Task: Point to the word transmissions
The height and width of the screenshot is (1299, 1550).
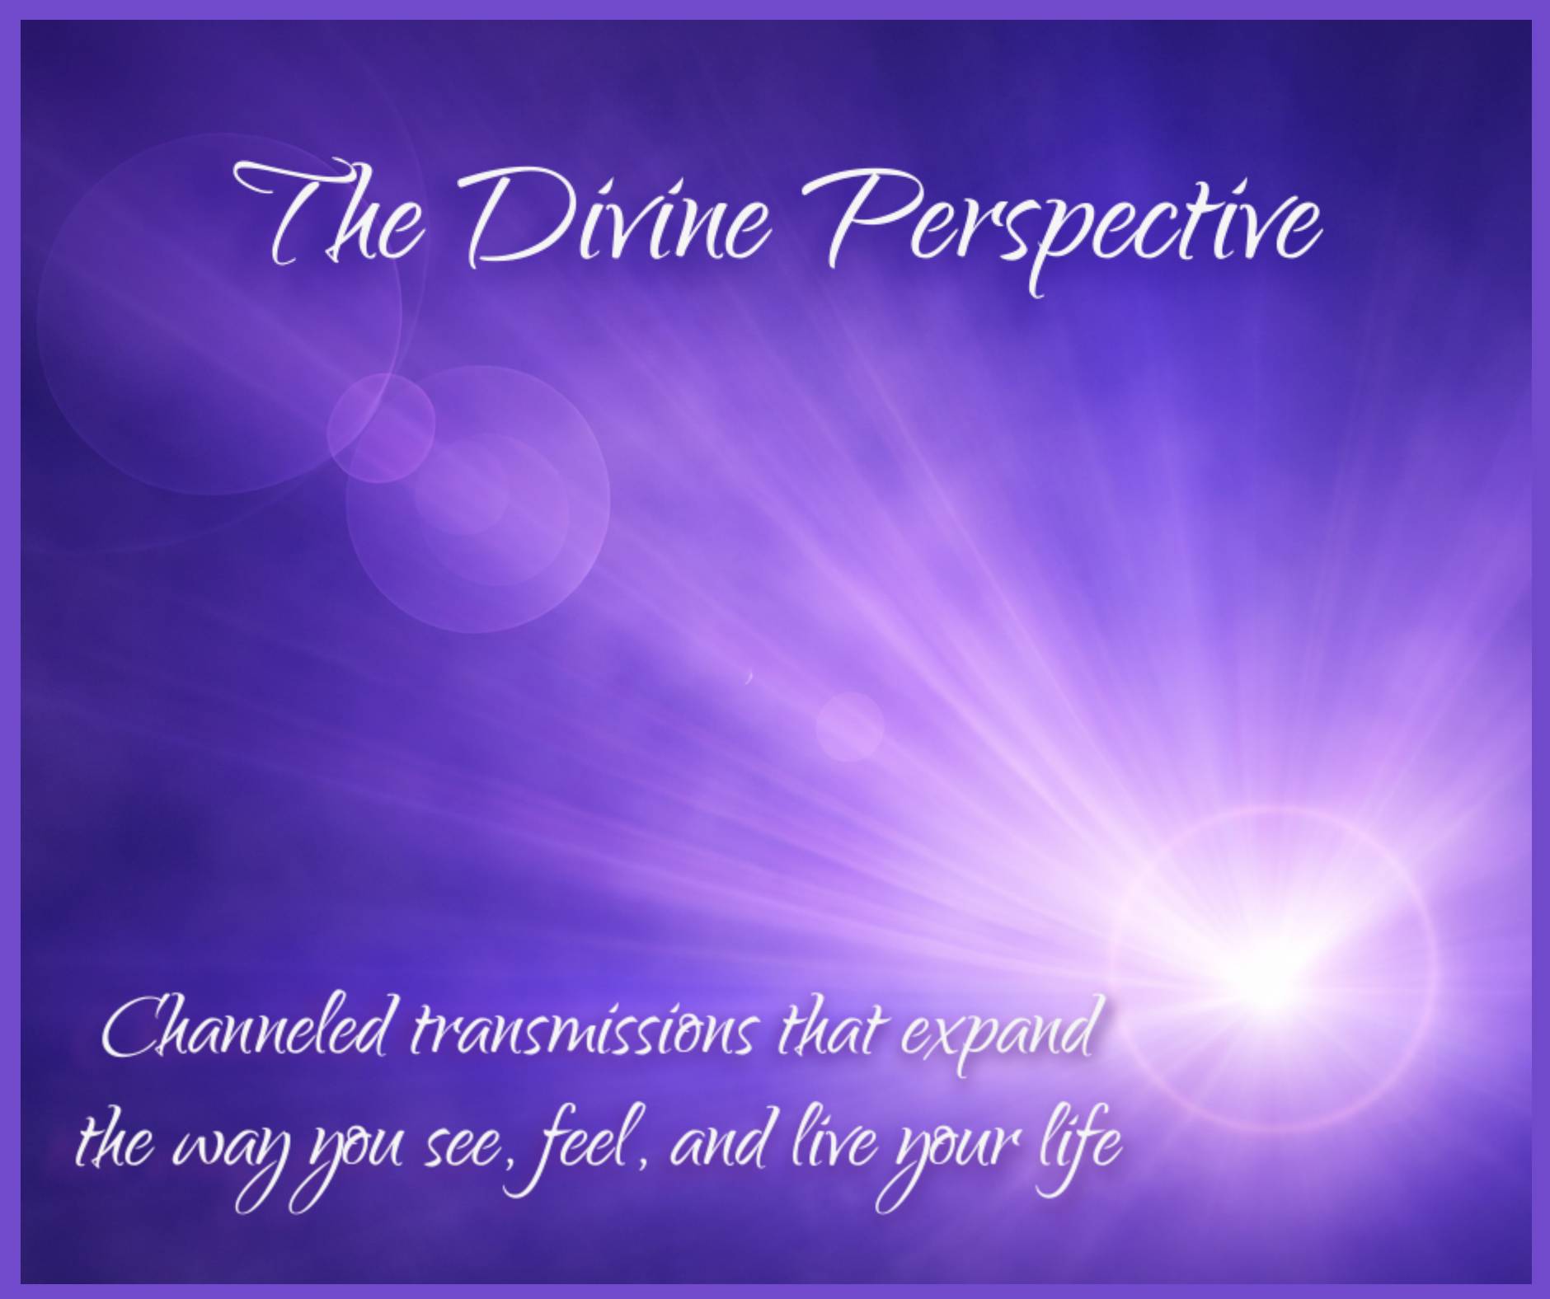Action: (582, 1030)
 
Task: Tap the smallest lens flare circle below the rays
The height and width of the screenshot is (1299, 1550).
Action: (850, 727)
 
